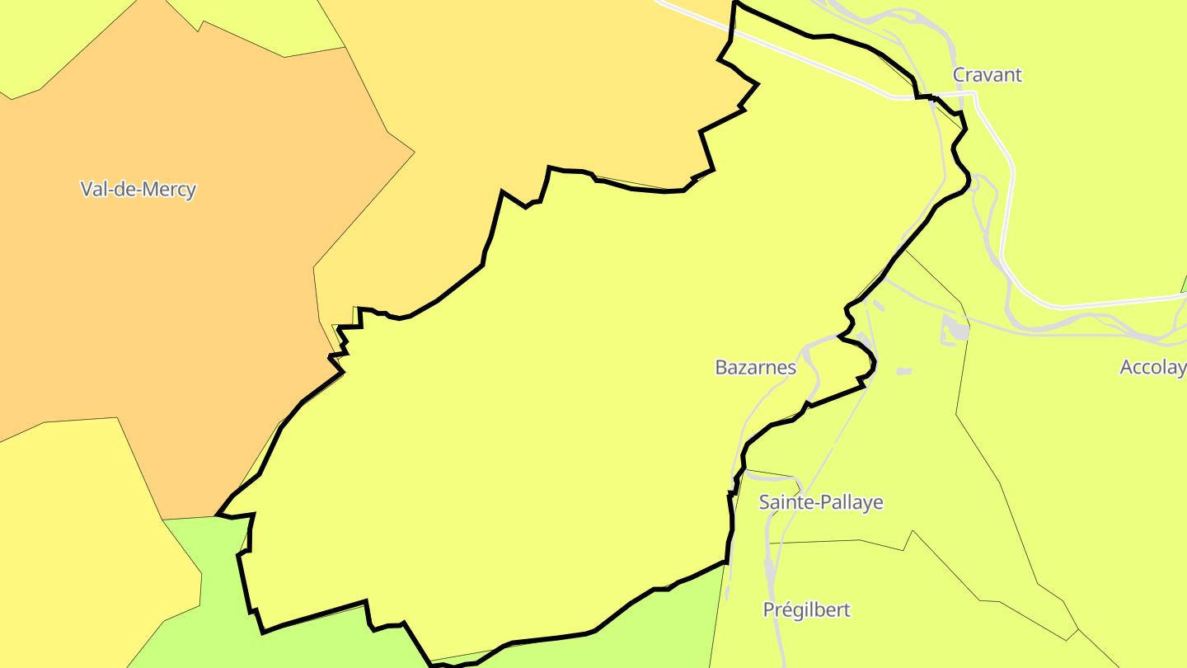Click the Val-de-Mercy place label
click(x=138, y=189)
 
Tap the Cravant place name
click(x=987, y=75)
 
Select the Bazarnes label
click(x=755, y=368)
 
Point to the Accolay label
click(x=1152, y=368)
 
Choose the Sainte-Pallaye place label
click(x=820, y=502)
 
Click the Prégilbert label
click(x=806, y=610)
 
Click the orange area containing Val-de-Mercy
click(x=165, y=313)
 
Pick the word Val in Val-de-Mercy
click(x=93, y=189)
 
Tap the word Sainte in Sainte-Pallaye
click(x=783, y=502)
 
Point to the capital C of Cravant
click(x=959, y=75)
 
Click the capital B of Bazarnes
click(x=721, y=368)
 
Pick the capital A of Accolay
click(x=1127, y=368)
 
